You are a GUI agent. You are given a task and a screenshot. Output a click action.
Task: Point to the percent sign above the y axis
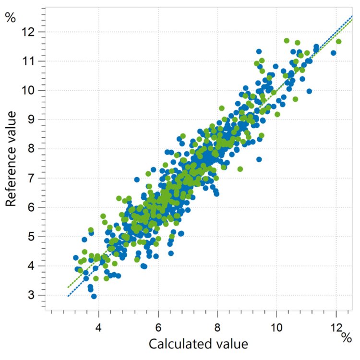10,18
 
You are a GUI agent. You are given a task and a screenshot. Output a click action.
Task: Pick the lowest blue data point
94,296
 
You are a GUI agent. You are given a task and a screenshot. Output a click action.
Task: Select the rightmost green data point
338,42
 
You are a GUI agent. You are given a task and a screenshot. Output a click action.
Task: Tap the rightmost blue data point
334,53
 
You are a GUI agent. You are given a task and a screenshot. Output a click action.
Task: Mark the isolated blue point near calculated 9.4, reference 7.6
259,159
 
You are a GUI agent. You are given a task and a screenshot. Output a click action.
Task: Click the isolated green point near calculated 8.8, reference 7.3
240,168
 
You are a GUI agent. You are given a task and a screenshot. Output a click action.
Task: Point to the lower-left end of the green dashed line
68,287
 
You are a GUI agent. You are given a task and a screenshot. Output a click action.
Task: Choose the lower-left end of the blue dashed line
68,296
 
